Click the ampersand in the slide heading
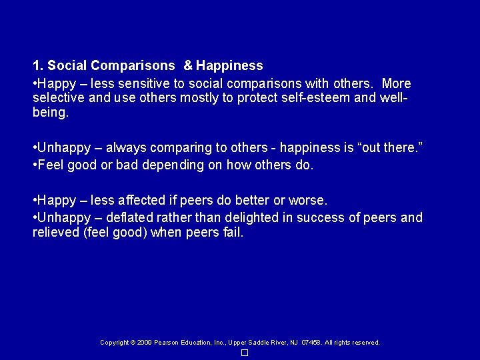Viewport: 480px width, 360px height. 188,66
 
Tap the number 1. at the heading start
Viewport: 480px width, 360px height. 38,66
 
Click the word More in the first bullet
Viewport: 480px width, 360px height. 397,84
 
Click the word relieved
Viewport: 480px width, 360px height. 55,233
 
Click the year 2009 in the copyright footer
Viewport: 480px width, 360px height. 145,343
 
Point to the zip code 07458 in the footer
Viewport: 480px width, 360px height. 311,343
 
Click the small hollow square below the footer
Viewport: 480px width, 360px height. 245,353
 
